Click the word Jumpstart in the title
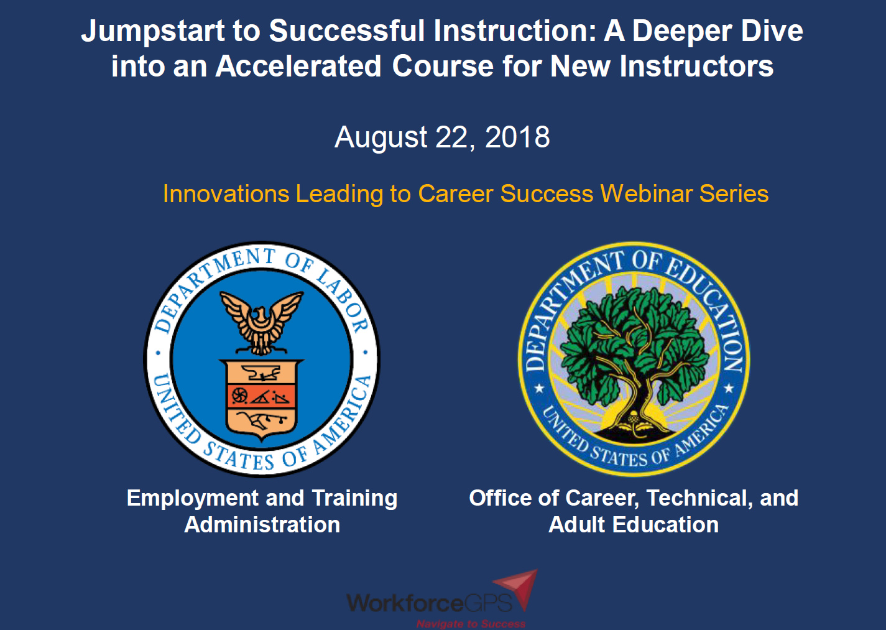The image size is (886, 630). [x=152, y=31]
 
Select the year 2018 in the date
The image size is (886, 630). [x=517, y=137]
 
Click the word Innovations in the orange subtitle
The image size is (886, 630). [x=226, y=194]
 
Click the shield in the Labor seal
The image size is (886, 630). [x=262, y=398]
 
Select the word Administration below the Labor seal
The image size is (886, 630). [x=262, y=525]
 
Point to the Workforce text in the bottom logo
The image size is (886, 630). [x=405, y=603]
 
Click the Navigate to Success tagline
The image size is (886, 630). [x=471, y=623]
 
